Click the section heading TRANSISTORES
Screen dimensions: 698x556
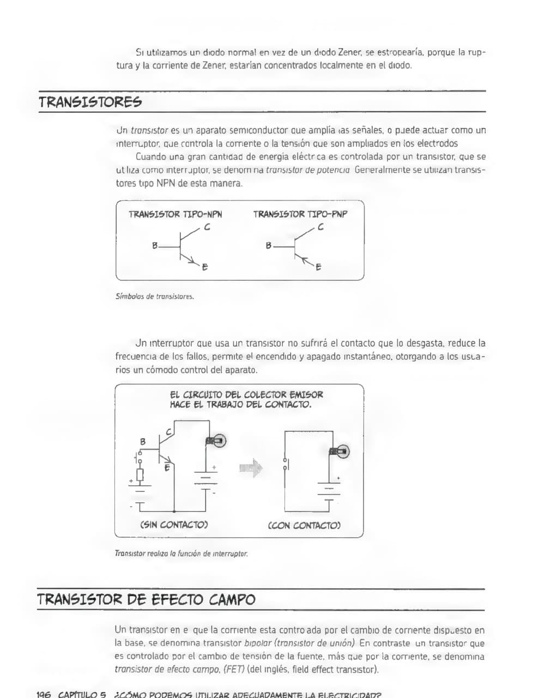[x=90, y=102]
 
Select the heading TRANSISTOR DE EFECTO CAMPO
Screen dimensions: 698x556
[x=146, y=600]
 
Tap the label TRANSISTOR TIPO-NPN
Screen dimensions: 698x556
[x=175, y=214]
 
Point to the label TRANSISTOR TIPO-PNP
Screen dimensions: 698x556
[x=300, y=214]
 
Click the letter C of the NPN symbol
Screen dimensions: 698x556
[x=207, y=228]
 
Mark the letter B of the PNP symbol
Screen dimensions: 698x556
[x=268, y=246]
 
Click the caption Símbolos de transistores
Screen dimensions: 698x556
[x=155, y=297]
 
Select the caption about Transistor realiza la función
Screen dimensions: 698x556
[x=181, y=553]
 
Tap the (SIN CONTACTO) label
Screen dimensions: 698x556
[x=174, y=525]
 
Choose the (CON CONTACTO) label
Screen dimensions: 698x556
[x=304, y=526]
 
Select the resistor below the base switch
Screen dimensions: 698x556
[x=140, y=476]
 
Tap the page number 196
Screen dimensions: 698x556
[x=44, y=694]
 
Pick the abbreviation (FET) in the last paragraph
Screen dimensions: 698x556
[x=234, y=670]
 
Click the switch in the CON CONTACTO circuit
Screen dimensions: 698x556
[x=285, y=464]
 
